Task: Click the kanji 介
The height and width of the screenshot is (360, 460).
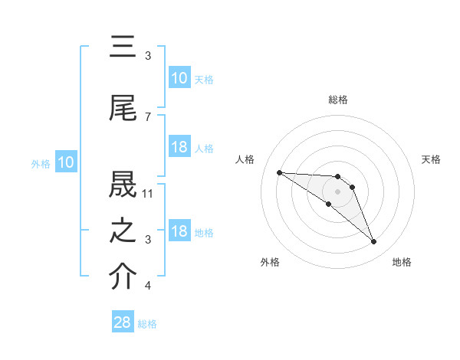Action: coord(123,277)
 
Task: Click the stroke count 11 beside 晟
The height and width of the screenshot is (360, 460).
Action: coord(149,193)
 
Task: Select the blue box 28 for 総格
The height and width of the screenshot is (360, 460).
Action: coord(123,322)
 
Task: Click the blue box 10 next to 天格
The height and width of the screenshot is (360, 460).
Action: coord(179,78)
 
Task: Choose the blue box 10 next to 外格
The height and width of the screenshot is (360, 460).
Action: coord(66,162)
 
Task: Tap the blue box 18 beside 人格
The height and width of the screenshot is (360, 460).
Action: coord(179,147)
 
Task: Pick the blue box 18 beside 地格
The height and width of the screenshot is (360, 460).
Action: coord(179,231)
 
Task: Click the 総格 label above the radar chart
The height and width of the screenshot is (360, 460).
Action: coord(337,100)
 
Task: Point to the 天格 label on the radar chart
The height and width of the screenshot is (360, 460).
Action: coord(432,159)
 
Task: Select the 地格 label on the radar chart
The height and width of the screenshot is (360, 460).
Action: coord(402,262)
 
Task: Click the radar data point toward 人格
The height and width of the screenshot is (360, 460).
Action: coord(279,172)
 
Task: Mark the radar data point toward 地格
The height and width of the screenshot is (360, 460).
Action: coord(374,242)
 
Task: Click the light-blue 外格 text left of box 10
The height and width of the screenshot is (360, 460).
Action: coord(40,163)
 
